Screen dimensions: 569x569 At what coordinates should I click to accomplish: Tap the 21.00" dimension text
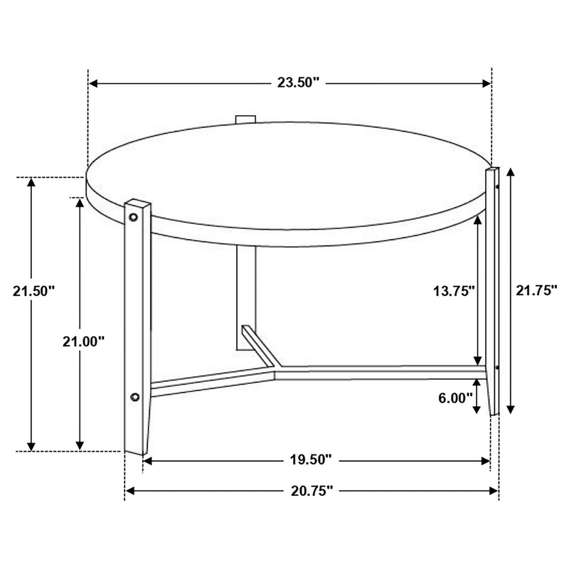click(x=83, y=341)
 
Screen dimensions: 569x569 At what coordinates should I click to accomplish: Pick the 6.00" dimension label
click(x=456, y=398)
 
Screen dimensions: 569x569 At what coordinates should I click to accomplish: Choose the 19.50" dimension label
click(x=312, y=460)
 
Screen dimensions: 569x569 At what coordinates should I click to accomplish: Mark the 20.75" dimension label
click(x=312, y=490)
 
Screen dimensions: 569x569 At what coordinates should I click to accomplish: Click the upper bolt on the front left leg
click(x=134, y=214)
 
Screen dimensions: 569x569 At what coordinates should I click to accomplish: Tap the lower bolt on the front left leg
click(x=135, y=396)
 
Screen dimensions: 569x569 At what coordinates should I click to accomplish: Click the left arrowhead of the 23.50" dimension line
click(x=93, y=83)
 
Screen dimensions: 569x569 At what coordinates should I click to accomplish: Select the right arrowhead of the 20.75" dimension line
click(x=494, y=490)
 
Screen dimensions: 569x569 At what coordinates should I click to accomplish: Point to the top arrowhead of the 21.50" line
click(x=31, y=182)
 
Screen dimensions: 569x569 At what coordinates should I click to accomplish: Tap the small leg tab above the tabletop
click(x=245, y=117)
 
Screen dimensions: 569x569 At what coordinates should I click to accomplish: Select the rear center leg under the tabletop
click(x=245, y=299)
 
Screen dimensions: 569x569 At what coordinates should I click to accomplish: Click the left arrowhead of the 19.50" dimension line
click(x=148, y=461)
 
